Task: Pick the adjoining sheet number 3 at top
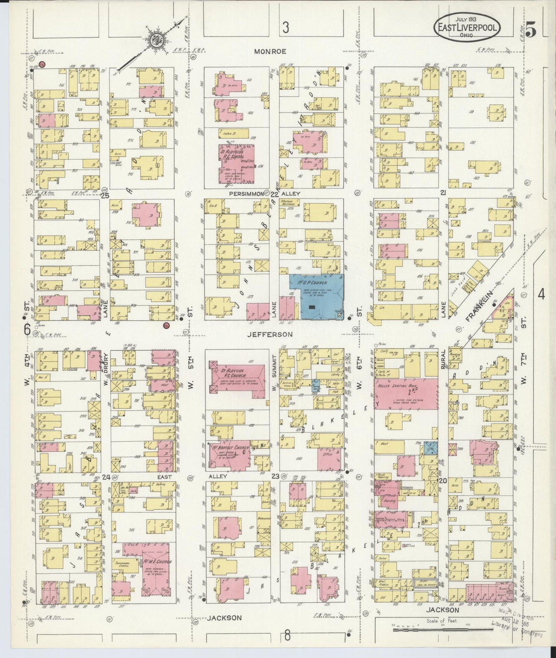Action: point(285,27)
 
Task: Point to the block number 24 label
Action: point(106,477)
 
